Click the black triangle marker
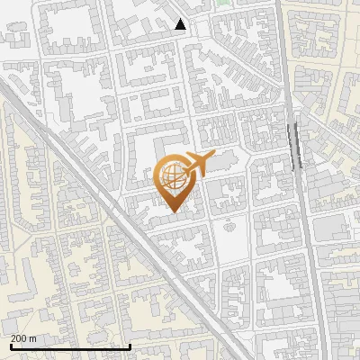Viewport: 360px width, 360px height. coord(181,24)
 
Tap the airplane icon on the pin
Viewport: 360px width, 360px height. coord(193,166)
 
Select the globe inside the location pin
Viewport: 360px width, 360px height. coord(173,180)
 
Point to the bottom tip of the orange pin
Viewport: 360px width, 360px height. coord(173,212)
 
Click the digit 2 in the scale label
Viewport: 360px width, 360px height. coord(14,339)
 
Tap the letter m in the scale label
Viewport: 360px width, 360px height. coord(32,339)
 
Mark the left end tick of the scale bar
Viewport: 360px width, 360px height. coord(11,346)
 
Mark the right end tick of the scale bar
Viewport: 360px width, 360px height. coord(130,346)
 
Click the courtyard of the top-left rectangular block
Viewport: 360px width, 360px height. coord(67,31)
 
